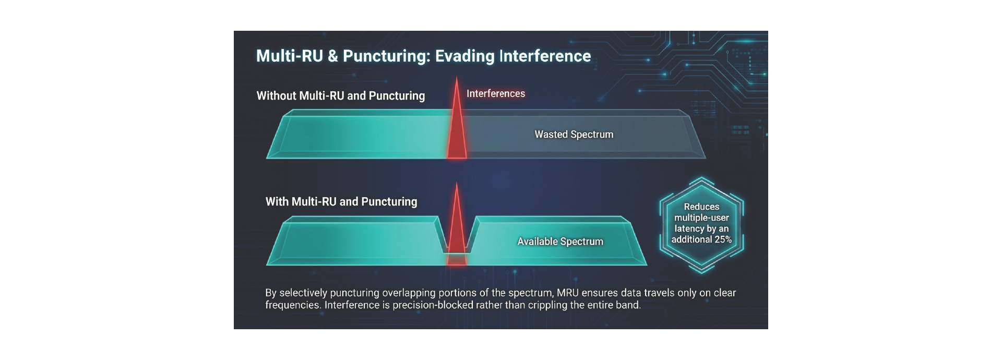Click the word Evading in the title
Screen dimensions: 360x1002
464,56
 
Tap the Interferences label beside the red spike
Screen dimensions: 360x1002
495,93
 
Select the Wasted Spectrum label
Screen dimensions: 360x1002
574,134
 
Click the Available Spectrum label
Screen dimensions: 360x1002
560,242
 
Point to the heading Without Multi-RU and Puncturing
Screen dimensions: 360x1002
340,96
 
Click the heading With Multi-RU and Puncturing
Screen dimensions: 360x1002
341,202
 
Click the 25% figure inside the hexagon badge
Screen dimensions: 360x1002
723,239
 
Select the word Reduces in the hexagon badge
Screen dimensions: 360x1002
701,207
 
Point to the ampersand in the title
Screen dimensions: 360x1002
332,56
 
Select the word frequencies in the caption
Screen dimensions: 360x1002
292,305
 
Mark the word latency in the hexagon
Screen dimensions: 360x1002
689,229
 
